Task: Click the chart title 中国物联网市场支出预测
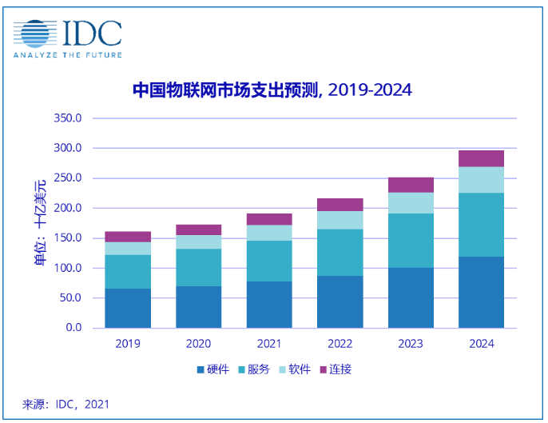click(224, 90)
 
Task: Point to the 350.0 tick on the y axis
click(69, 118)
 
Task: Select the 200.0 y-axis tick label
click(69, 208)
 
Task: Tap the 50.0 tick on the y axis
click(71, 297)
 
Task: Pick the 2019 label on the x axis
click(128, 344)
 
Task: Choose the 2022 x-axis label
click(340, 344)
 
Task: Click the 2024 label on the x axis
click(481, 344)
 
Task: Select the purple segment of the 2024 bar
click(481, 158)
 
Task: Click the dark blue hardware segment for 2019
click(128, 308)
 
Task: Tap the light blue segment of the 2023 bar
click(411, 203)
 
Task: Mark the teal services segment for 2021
click(269, 261)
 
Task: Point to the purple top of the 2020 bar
click(199, 229)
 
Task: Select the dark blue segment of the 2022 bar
click(340, 301)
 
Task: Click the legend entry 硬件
click(213, 369)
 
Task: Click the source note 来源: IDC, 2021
click(66, 404)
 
